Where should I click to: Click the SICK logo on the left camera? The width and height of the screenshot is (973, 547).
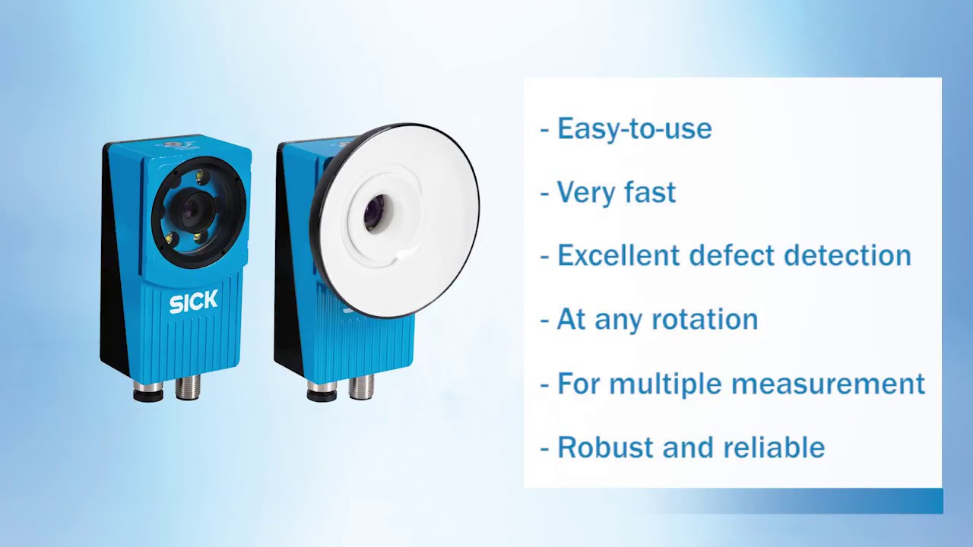[193, 302]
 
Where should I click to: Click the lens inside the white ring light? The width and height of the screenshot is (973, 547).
[374, 213]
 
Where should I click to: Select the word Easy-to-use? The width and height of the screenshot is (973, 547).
[634, 128]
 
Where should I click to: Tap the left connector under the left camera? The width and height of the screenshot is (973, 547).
[148, 390]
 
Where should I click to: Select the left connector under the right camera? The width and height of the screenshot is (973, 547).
[322, 390]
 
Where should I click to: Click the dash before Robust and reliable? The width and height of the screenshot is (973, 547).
[544, 448]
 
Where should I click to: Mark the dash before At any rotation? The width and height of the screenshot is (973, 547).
[544, 321]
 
